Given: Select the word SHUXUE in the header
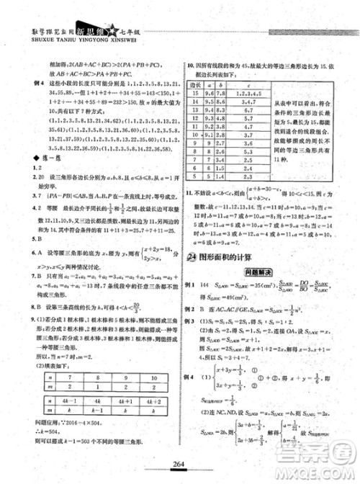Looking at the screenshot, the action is pyautogui.click(x=21, y=19).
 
